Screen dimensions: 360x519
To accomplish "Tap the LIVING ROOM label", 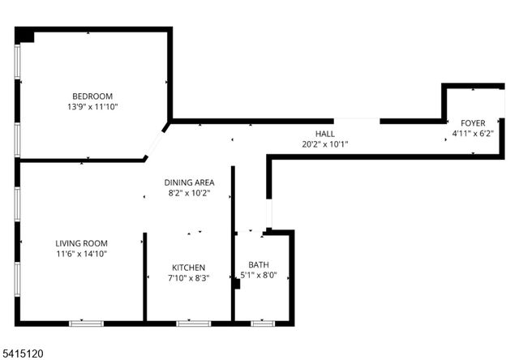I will pos(81,243).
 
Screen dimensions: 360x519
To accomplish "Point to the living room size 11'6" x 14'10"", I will pos(81,254).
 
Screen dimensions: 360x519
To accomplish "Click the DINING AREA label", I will pos(189,182).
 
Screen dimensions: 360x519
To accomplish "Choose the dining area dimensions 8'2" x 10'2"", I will pos(189,193).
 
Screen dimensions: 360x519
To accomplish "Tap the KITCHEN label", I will pos(188,268).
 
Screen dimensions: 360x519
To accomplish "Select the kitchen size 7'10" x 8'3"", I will pos(188,278).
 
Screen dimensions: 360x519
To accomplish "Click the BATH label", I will pos(258,264).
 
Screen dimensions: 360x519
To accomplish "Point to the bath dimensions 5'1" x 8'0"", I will pos(259,275).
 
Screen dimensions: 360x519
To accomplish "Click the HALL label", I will pos(324,134).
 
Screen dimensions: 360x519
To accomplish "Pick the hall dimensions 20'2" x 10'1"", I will pos(324,144).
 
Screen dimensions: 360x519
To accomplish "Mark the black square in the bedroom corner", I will pos(25,36).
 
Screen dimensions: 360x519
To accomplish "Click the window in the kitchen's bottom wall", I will pos(193,324).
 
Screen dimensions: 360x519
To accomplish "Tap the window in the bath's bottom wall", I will pos(262,324).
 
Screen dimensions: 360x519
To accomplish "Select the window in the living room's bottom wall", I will pos(86,324).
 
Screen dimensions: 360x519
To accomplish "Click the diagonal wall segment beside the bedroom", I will pos(157,141).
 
